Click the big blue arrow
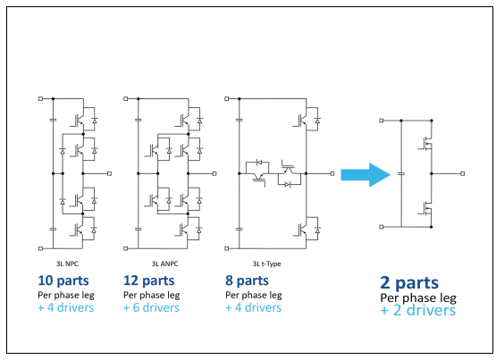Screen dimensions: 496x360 pos(366,175)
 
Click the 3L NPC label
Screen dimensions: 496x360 pos(67,264)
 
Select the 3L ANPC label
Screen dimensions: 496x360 pos(164,264)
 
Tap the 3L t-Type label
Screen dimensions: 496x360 pos(266,264)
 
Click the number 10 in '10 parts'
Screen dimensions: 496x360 pos(46,280)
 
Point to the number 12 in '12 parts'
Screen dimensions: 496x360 pos(130,280)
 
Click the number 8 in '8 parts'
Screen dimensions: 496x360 pos(229,280)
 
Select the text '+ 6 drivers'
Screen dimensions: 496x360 pos(151,307)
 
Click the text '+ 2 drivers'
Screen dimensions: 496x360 pos(418,310)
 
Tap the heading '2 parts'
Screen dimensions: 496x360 pos(409,282)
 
